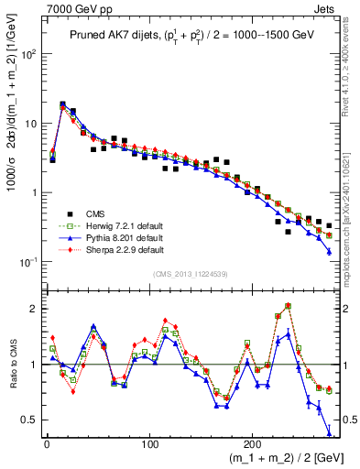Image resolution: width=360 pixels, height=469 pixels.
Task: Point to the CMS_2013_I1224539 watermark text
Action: (x=189, y=274)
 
